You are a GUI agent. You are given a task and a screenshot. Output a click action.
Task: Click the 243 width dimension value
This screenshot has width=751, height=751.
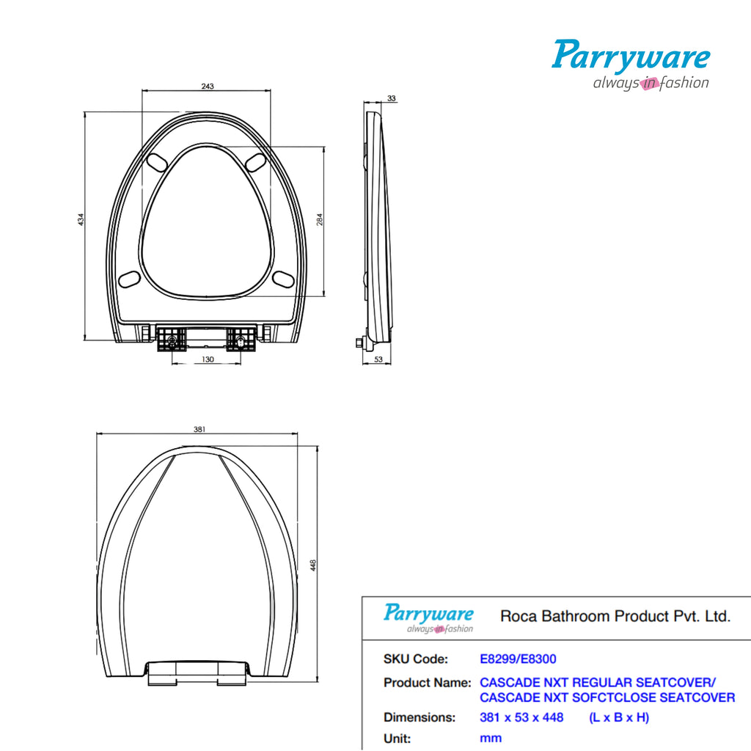pyautogui.click(x=208, y=87)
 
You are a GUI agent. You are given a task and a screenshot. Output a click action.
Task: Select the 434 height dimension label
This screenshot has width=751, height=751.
pyautogui.click(x=81, y=219)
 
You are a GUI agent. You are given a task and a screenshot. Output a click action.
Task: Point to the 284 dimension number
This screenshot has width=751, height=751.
pyautogui.click(x=320, y=219)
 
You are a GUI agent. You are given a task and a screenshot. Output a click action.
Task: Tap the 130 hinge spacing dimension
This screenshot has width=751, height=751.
pyautogui.click(x=208, y=359)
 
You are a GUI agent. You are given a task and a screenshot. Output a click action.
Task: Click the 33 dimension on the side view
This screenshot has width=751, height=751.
pyautogui.click(x=391, y=98)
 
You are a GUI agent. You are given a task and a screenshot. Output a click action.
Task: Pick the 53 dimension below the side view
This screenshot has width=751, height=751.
pyautogui.click(x=378, y=359)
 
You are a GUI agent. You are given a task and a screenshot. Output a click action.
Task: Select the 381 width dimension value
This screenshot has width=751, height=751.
pyautogui.click(x=199, y=430)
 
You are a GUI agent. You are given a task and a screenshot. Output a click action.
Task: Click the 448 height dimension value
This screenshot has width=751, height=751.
pyautogui.click(x=313, y=565)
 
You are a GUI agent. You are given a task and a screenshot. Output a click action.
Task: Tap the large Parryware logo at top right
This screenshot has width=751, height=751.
pyautogui.click(x=631, y=65)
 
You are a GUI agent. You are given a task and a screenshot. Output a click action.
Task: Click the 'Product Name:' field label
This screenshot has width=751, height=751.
pyautogui.click(x=427, y=683)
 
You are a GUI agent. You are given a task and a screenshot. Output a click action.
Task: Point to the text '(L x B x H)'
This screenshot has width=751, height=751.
pyautogui.click(x=619, y=717)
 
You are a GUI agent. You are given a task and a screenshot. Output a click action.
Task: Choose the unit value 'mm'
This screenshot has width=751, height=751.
pyautogui.click(x=491, y=738)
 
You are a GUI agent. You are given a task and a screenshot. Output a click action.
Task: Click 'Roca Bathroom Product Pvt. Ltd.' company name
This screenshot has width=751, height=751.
pyautogui.click(x=615, y=616)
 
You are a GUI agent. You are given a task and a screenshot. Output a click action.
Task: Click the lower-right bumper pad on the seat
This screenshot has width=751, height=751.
pyautogui.click(x=283, y=278)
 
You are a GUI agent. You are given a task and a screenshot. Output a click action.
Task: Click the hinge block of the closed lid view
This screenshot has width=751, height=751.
pyautogui.click(x=198, y=672)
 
